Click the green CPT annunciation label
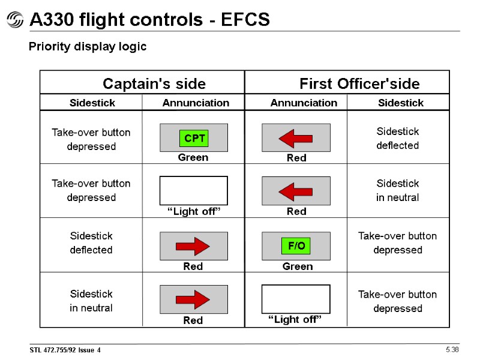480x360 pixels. tap(194, 139)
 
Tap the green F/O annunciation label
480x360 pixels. tap(296, 246)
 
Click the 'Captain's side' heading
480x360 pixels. tap(154, 83)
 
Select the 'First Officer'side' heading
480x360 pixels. tap(359, 83)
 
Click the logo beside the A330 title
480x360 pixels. tap(14, 21)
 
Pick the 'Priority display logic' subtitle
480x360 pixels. tap(88, 47)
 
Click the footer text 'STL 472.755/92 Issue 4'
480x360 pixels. tap(65, 350)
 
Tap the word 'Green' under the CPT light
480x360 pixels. tap(193, 158)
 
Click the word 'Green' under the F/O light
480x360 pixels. tap(298, 266)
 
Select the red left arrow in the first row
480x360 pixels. tap(295, 138)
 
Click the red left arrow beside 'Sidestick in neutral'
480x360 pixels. tap(295, 191)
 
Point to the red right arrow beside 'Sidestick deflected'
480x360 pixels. tap(193, 246)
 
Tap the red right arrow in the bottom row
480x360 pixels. tap(193, 299)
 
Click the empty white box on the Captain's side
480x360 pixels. tap(193, 191)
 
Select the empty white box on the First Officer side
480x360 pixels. tap(296, 299)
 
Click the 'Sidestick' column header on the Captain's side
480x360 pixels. tap(92, 103)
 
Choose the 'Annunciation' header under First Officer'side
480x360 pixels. tap(304, 103)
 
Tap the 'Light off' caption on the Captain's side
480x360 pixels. tap(193, 211)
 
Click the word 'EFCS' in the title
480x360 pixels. tap(245, 20)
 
